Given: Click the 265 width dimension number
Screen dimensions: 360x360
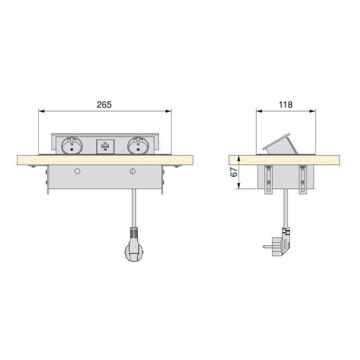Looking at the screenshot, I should [104, 104].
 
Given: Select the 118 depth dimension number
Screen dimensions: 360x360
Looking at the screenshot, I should [285, 104].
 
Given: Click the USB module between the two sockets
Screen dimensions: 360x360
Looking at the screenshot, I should [105, 147].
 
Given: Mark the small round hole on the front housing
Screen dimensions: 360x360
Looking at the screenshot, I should [77, 171].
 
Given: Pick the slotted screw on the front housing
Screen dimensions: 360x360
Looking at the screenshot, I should [132, 171].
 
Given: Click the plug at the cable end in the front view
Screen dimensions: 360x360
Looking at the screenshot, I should [134, 252].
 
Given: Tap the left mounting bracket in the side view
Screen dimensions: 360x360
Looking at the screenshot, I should [269, 180].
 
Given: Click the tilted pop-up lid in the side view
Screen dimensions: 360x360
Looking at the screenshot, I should [279, 144].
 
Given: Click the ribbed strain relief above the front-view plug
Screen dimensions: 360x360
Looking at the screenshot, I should [134, 233].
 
